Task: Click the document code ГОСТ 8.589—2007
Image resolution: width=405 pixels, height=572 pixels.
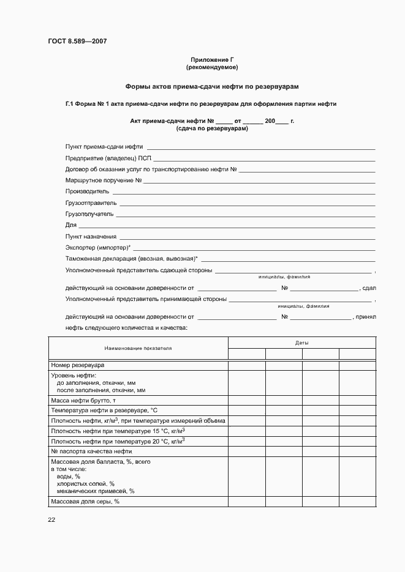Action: point(77,42)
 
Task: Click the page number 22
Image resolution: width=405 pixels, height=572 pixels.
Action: point(51,519)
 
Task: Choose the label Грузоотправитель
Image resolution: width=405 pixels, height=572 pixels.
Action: point(91,202)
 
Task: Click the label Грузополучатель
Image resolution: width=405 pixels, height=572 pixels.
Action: point(89,214)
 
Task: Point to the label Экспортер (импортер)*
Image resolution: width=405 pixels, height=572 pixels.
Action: point(98,248)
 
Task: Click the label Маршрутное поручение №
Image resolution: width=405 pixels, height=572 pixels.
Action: point(104,180)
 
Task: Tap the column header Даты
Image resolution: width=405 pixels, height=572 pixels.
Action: point(302,343)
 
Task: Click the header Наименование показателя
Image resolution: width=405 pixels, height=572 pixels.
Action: point(138,348)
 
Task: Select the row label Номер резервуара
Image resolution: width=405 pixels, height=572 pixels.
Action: point(78,365)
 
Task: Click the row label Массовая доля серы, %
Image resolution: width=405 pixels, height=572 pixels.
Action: point(85,502)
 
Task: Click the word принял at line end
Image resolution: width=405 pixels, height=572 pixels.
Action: point(369,317)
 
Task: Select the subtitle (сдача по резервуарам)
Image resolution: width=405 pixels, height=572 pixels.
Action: point(212,129)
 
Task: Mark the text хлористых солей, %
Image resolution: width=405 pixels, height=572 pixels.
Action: point(86,483)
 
